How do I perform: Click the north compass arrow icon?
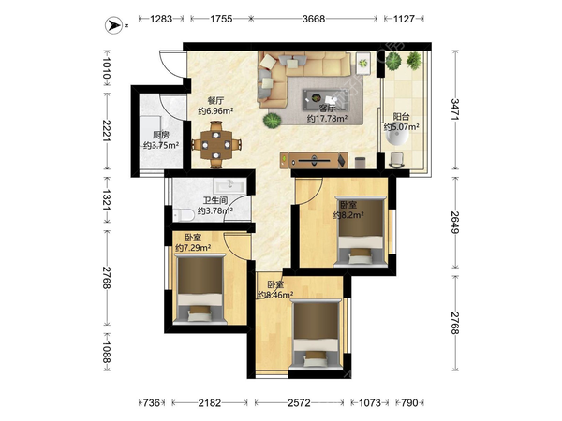(114, 25)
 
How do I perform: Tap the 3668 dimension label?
(314, 19)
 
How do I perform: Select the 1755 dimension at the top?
(221, 19)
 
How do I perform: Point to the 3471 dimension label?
(455, 109)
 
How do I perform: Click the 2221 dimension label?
(107, 130)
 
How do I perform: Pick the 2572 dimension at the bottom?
(300, 403)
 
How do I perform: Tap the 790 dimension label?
(409, 403)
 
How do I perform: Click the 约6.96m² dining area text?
(216, 111)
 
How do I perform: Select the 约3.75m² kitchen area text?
(161, 145)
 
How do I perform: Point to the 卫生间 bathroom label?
(215, 201)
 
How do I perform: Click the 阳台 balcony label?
(402, 117)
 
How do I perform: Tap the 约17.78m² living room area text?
(327, 118)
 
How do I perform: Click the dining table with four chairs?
(216, 145)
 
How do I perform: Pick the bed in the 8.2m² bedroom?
(361, 231)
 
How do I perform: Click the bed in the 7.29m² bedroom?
(200, 289)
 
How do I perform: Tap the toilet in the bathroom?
(184, 215)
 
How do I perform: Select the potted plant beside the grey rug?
(272, 121)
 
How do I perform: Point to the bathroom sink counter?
(229, 186)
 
